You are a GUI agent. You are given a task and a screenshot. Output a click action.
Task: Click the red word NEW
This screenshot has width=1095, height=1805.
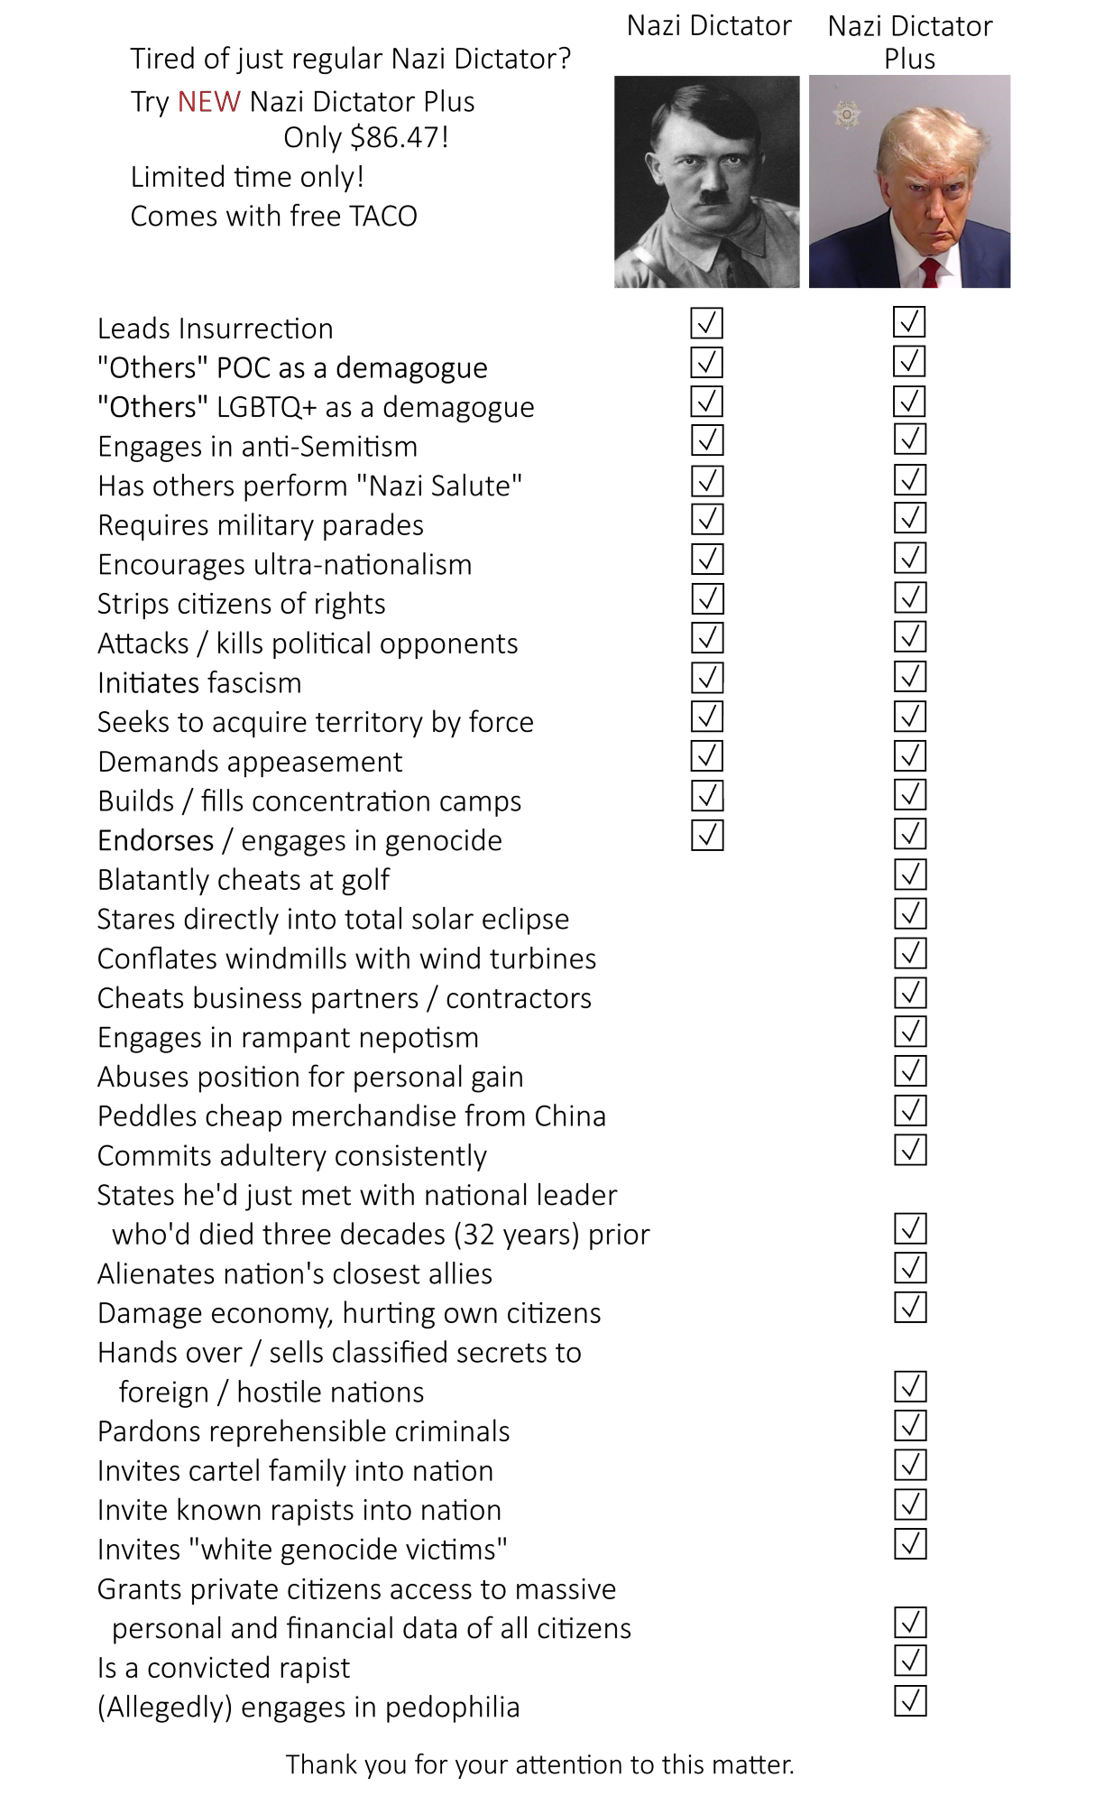click(x=208, y=102)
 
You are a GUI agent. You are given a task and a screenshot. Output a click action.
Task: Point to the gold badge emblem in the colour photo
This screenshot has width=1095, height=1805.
click(x=846, y=115)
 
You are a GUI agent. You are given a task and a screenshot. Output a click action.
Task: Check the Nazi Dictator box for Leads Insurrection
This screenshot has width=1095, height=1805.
click(x=707, y=323)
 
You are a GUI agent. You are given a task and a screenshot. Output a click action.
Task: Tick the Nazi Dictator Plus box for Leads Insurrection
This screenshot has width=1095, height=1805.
click(x=910, y=322)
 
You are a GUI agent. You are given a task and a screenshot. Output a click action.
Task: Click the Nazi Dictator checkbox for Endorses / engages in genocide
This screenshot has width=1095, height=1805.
click(x=707, y=835)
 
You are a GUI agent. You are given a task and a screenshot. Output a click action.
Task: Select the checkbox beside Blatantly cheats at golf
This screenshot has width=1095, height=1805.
click(x=910, y=874)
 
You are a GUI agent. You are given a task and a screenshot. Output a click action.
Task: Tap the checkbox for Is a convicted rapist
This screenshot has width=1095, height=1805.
click(x=910, y=1661)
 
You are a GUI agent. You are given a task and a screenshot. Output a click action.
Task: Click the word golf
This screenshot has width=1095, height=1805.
click(x=364, y=881)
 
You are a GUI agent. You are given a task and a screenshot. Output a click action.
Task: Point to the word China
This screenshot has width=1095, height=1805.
click(x=569, y=1116)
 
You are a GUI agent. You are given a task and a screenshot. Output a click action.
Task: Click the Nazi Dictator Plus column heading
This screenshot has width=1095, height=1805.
click(x=909, y=42)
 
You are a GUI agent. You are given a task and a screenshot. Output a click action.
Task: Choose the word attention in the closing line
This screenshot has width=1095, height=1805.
click(x=569, y=1764)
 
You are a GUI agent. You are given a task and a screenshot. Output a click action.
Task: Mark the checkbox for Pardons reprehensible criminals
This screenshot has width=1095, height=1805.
click(x=910, y=1426)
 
